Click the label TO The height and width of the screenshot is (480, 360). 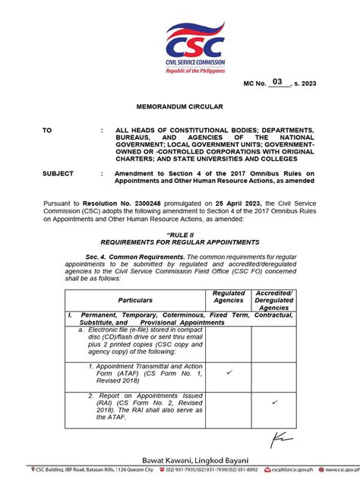48,131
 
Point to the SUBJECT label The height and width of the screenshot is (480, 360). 58,173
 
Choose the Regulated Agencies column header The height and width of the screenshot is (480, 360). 228,296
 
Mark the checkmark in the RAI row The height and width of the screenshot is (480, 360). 274,402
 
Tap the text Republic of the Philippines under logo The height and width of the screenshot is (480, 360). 196,71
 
